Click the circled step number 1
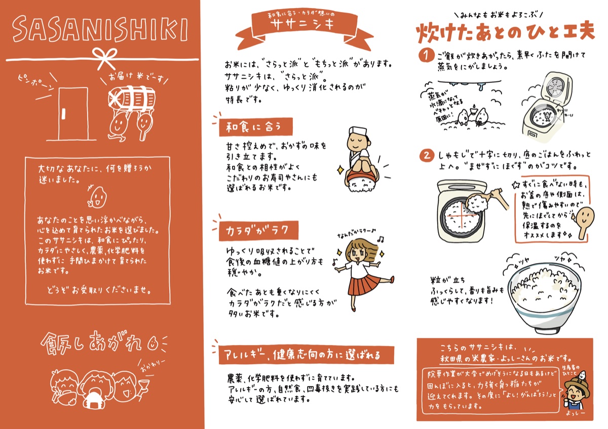(427, 54)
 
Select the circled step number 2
(427, 155)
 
